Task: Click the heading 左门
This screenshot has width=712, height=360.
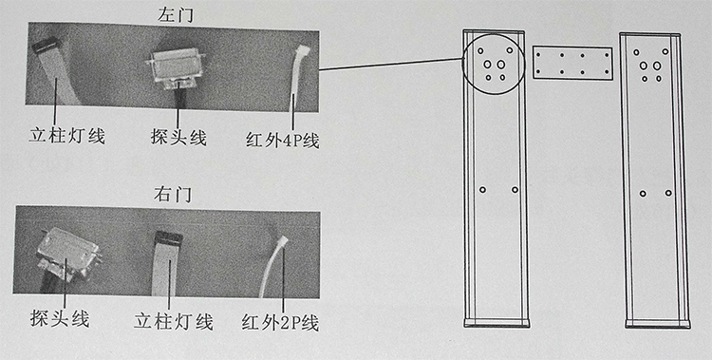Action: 175,16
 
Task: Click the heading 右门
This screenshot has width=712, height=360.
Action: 173,195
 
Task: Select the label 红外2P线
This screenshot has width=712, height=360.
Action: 280,323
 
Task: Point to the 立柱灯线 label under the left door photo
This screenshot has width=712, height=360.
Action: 67,136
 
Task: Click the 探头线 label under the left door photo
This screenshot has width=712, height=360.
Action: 178,138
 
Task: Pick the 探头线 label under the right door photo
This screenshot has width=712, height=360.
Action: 60,319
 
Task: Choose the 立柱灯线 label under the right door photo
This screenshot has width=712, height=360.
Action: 174,322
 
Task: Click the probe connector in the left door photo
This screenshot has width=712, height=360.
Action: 176,67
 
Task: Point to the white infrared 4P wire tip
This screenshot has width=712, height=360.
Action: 302,49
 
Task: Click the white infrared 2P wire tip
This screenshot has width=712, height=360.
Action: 283,240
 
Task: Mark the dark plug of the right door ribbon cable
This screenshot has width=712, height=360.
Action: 168,237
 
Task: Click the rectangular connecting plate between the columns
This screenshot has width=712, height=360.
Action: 572,63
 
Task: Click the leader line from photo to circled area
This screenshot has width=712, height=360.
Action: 390,65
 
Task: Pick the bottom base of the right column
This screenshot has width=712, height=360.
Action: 658,324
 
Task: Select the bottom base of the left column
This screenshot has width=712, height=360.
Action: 497,323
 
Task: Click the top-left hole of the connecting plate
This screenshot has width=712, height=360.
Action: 538,54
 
